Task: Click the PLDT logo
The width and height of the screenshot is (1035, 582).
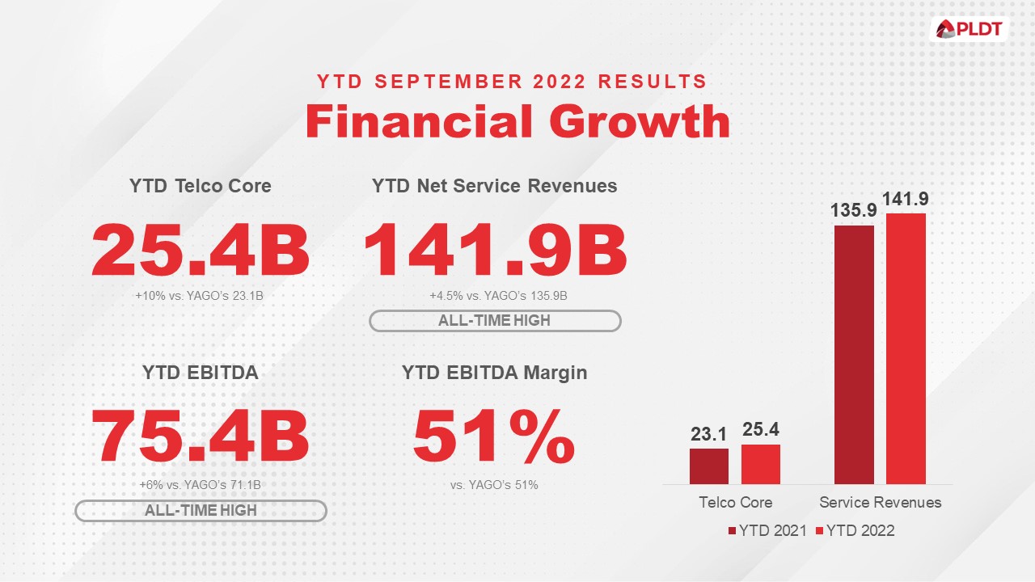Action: click(968, 30)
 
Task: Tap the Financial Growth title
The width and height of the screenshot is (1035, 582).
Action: click(517, 122)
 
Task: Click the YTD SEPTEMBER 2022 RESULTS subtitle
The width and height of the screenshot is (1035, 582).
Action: click(512, 82)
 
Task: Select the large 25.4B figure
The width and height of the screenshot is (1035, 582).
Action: click(200, 251)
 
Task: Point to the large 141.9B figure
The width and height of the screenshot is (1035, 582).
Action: click(495, 251)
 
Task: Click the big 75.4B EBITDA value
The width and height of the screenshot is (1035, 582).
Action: click(200, 438)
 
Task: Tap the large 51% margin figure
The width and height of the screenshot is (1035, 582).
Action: click(494, 438)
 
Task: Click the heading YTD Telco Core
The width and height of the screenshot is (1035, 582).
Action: click(200, 186)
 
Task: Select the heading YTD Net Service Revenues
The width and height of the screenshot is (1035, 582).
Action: click(494, 186)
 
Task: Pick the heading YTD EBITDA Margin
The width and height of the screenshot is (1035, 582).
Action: click(494, 373)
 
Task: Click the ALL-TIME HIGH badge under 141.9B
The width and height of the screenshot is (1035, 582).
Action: click(494, 320)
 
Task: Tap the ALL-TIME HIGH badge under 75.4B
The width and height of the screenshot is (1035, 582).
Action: click(200, 510)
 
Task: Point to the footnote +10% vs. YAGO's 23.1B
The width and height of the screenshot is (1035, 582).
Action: click(200, 297)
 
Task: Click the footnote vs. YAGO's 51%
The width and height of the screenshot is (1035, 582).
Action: click(494, 485)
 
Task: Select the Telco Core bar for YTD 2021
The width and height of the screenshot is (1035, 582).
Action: click(708, 466)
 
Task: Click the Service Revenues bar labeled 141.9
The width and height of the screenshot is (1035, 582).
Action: click(906, 348)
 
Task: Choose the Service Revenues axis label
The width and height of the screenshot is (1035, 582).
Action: click(880, 502)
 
